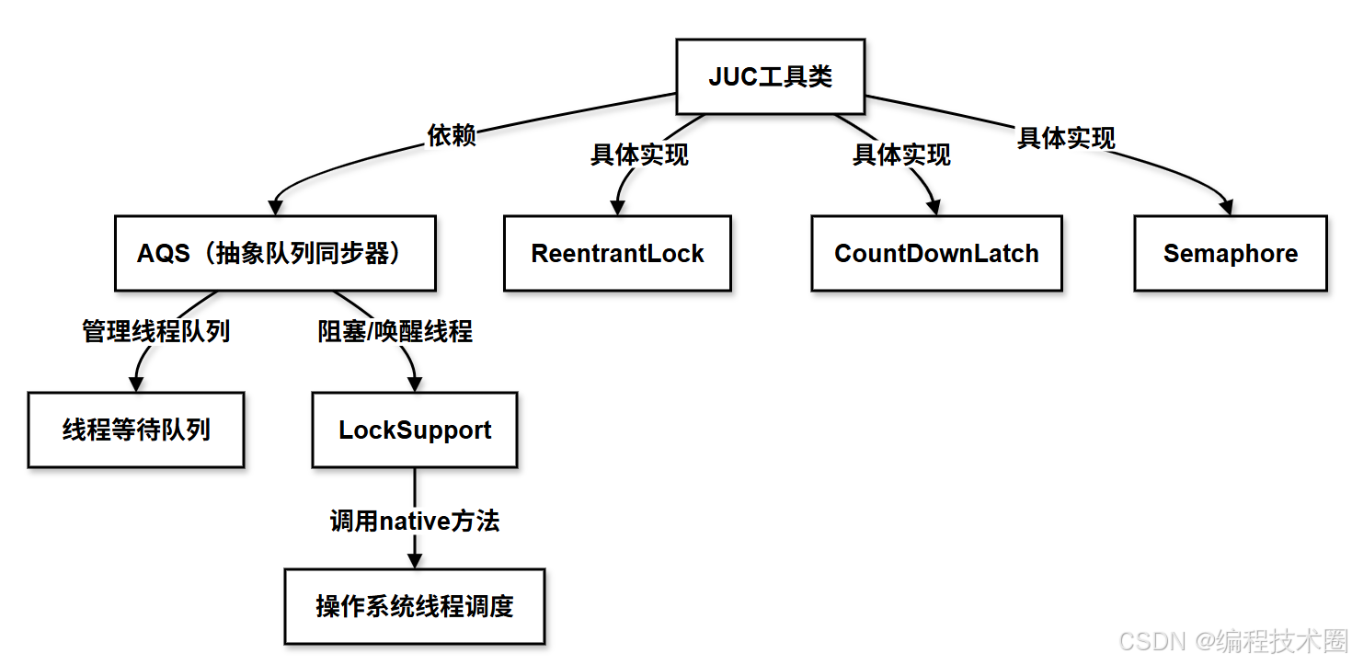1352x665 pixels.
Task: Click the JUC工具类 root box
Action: point(770,76)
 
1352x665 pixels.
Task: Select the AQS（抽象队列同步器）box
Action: point(274,254)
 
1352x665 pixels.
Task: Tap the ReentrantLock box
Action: point(617,254)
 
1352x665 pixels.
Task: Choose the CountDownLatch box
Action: point(936,254)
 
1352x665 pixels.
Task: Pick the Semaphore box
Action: point(1230,254)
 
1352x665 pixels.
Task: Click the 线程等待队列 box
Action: point(136,430)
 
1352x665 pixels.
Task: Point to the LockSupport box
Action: point(415,430)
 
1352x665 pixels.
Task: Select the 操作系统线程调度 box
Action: point(415,606)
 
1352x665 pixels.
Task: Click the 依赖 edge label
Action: point(452,136)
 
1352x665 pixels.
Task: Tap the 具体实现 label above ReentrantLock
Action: point(639,155)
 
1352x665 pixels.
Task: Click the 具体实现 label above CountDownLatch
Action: point(901,155)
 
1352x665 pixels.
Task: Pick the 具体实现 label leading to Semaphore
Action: point(1066,138)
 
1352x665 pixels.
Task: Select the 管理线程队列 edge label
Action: point(156,331)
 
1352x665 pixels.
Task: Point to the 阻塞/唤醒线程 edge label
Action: point(395,331)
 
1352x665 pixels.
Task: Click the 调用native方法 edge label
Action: point(415,522)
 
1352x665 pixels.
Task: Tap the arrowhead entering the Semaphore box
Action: point(1227,208)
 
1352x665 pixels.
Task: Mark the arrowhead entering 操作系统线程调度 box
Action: point(415,561)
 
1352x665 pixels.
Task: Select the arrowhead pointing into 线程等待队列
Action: point(137,384)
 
